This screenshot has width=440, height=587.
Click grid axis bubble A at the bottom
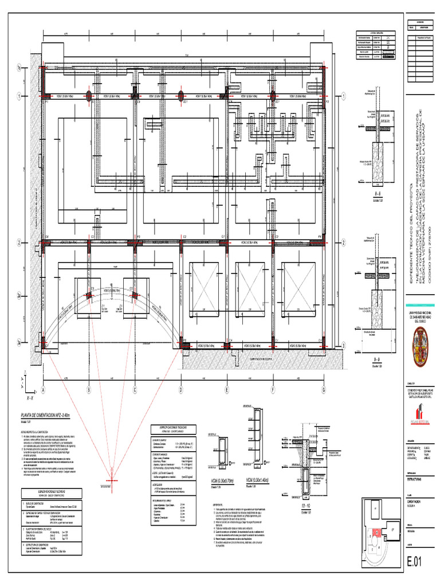click(43, 390)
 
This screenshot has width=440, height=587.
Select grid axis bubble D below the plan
click(181, 390)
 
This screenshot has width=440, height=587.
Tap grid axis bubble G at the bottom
click(324, 390)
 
